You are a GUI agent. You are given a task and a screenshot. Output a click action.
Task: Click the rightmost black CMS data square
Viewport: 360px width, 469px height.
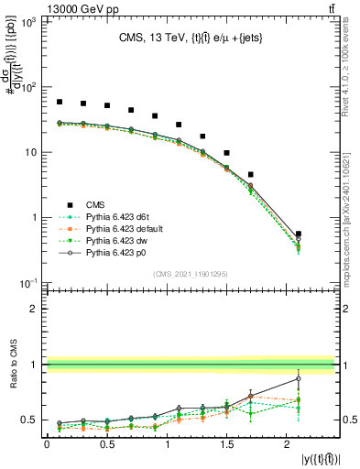tap(299, 234)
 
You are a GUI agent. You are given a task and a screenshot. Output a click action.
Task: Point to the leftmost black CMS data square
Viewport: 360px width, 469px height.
tap(60, 102)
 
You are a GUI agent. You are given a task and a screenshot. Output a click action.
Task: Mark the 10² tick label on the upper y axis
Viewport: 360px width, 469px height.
tap(28, 87)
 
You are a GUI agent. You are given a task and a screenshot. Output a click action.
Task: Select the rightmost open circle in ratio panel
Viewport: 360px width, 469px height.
tap(299, 378)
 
